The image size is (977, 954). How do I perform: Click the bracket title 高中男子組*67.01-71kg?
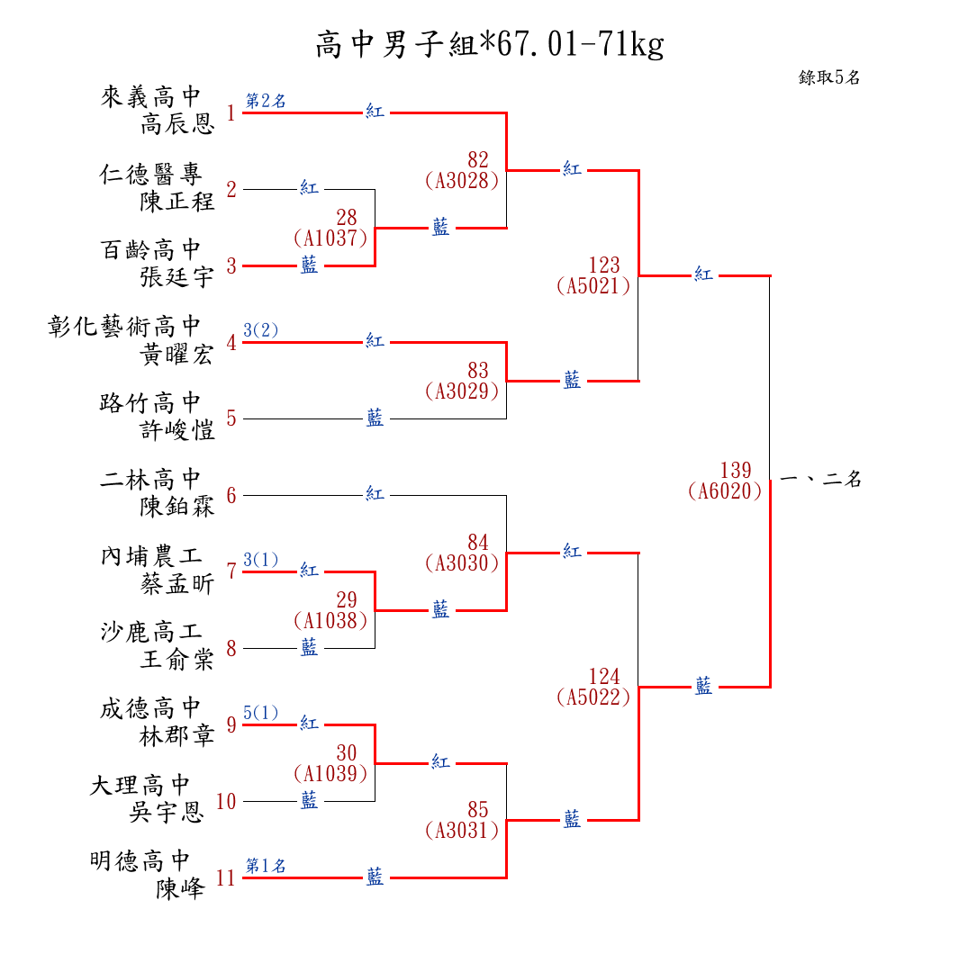point(490,44)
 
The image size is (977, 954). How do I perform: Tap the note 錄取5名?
point(829,77)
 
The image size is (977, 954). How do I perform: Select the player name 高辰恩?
point(177,124)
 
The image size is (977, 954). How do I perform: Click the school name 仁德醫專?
point(150,174)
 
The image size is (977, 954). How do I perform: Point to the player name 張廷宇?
point(177,276)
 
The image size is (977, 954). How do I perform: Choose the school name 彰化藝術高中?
point(124,327)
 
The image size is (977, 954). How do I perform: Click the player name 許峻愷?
point(177,429)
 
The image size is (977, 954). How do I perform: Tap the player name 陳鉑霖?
point(177,507)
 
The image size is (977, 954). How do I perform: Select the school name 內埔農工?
point(150,556)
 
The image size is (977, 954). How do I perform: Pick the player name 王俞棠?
point(177,659)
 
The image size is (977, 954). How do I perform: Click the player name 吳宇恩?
point(167,812)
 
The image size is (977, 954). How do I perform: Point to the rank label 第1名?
point(266,866)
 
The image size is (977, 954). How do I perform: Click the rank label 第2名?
point(266,101)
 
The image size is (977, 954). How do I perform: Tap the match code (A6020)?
point(725,491)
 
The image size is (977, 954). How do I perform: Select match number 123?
point(604,265)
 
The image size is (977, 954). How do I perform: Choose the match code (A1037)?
point(330,238)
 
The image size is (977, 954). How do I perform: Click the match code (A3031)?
point(462,830)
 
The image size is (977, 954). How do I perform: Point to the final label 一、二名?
point(820,479)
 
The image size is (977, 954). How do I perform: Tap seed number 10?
point(226,801)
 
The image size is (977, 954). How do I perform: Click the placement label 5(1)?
point(260,713)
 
